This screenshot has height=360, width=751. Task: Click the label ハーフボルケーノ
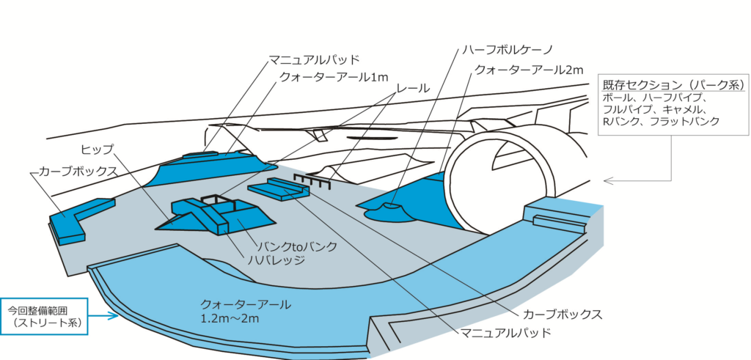click(x=505, y=51)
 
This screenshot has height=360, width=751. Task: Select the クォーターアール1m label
click(x=333, y=77)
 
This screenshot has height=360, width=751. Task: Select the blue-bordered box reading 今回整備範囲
click(x=44, y=315)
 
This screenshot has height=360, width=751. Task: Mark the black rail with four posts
click(x=312, y=180)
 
